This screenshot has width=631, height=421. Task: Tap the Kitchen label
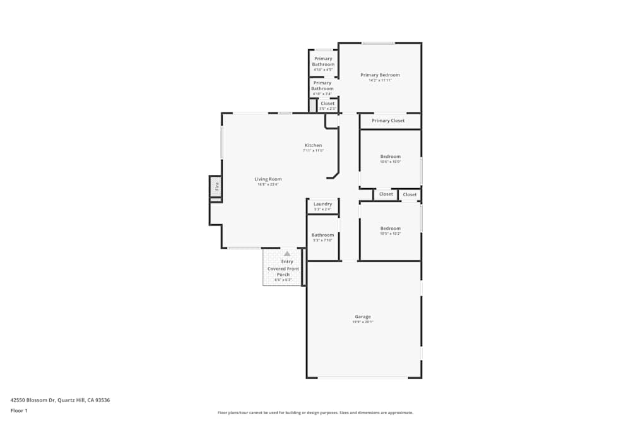313,145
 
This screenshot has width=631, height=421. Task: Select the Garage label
363,316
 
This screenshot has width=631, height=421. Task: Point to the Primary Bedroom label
380,75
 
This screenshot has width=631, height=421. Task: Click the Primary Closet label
388,121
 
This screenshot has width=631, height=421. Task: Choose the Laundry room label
322,204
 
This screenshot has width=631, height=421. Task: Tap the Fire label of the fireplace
216,186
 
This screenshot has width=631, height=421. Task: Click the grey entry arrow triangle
287,253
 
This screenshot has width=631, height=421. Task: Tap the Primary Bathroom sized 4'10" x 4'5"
323,62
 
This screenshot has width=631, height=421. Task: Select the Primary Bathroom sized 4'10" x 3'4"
322,86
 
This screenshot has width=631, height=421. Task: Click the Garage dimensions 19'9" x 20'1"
363,322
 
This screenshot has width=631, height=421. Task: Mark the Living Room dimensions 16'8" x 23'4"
268,184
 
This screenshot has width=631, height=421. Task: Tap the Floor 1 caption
19,410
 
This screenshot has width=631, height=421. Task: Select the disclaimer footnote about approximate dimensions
315,413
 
